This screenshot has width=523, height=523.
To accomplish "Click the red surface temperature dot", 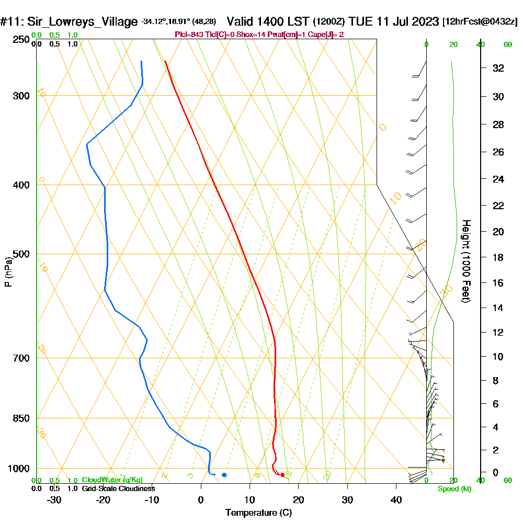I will [x=282, y=475].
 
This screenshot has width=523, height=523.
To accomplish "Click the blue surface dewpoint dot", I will [x=224, y=475].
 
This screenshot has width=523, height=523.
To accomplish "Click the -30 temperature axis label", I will [x=54, y=500].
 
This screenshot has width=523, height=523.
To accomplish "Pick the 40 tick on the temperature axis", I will [x=396, y=500].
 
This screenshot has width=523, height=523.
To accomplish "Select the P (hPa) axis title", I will [x=8, y=272].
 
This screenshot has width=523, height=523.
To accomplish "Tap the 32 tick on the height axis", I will [x=498, y=68].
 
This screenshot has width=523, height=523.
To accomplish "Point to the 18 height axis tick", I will [x=498, y=257].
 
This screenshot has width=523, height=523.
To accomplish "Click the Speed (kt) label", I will [x=453, y=488].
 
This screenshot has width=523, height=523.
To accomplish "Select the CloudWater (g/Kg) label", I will [x=112, y=480].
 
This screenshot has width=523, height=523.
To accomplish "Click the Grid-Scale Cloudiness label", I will [x=118, y=488].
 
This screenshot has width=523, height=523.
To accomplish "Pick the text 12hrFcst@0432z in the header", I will [x=480, y=22].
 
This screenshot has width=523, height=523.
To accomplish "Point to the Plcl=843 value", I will [x=190, y=35].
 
